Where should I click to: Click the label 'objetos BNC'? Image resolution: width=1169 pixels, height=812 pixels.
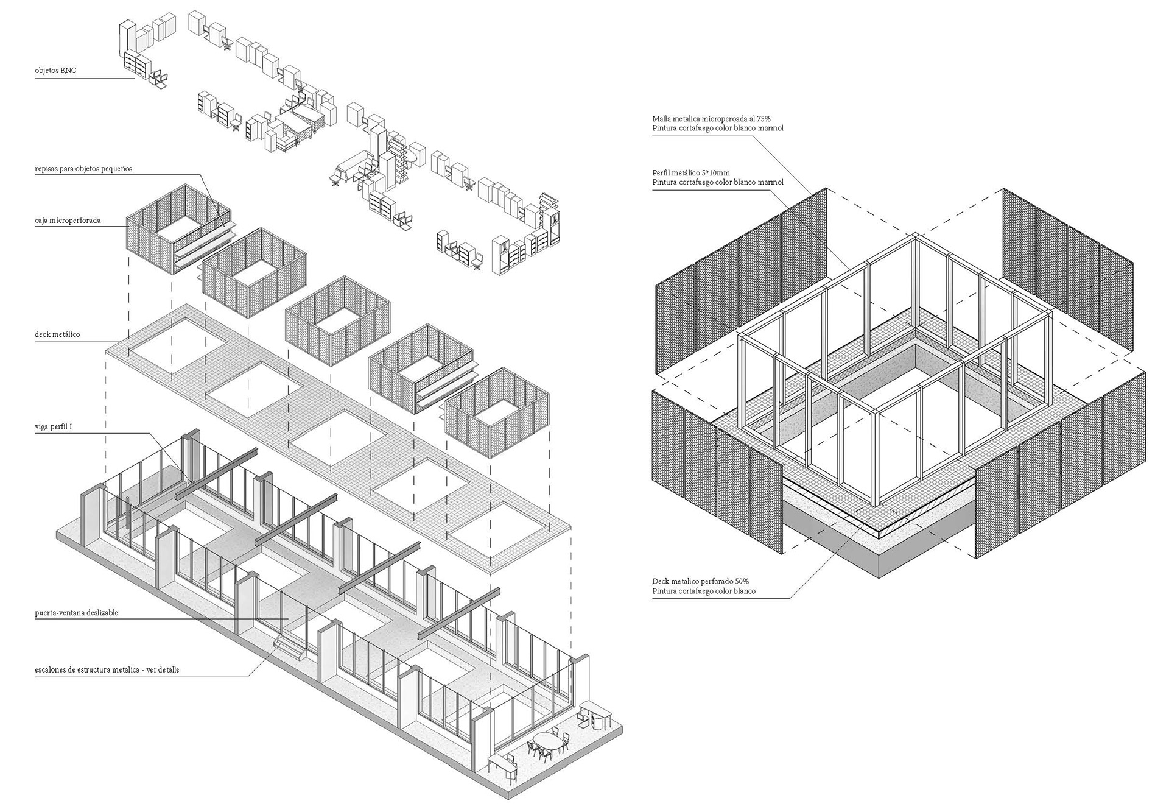point(55,71)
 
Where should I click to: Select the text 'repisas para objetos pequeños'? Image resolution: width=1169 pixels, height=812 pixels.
point(83,168)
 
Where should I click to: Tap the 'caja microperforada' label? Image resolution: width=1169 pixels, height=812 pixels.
point(68,220)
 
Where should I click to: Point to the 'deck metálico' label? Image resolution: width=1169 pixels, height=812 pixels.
point(57,334)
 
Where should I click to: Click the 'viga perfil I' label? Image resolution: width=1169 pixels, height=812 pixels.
point(54,428)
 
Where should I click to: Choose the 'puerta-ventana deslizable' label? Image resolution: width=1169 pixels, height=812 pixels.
point(76,613)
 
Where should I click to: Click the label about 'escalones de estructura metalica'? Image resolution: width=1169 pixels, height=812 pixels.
point(107,670)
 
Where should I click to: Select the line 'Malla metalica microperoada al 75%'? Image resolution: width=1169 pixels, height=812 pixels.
point(711,119)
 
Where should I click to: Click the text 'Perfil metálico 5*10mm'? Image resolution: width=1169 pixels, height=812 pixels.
point(690,173)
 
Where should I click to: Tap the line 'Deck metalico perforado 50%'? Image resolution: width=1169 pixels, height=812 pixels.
point(704,582)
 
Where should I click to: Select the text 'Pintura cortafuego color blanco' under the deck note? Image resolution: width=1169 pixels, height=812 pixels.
point(703,591)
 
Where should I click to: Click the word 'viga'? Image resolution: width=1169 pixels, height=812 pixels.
point(41,428)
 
